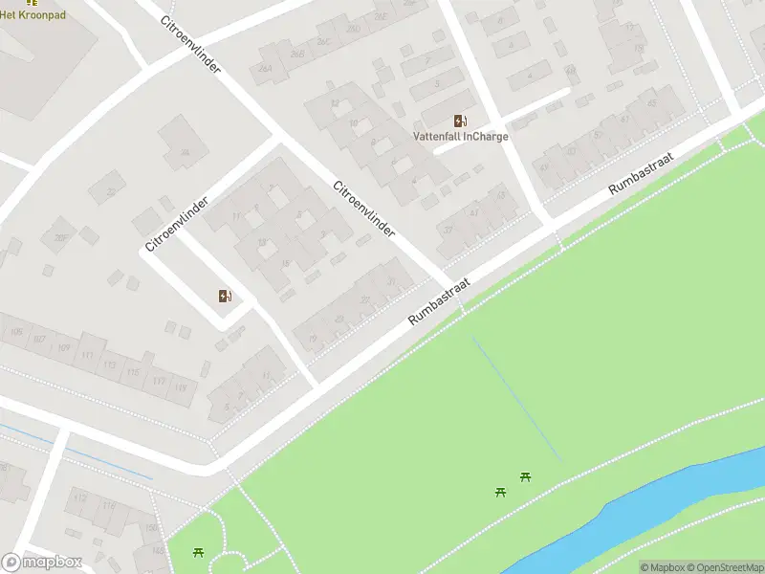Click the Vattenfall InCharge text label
tap(460, 136)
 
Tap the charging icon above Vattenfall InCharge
tap(460, 120)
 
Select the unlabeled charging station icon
tap(225, 296)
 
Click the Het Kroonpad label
tap(33, 13)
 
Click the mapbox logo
tap(42, 562)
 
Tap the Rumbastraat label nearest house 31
tap(441, 302)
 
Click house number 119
tap(181, 387)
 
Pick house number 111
tap(88, 355)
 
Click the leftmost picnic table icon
tap(198, 551)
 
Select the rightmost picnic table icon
tap(525, 476)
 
